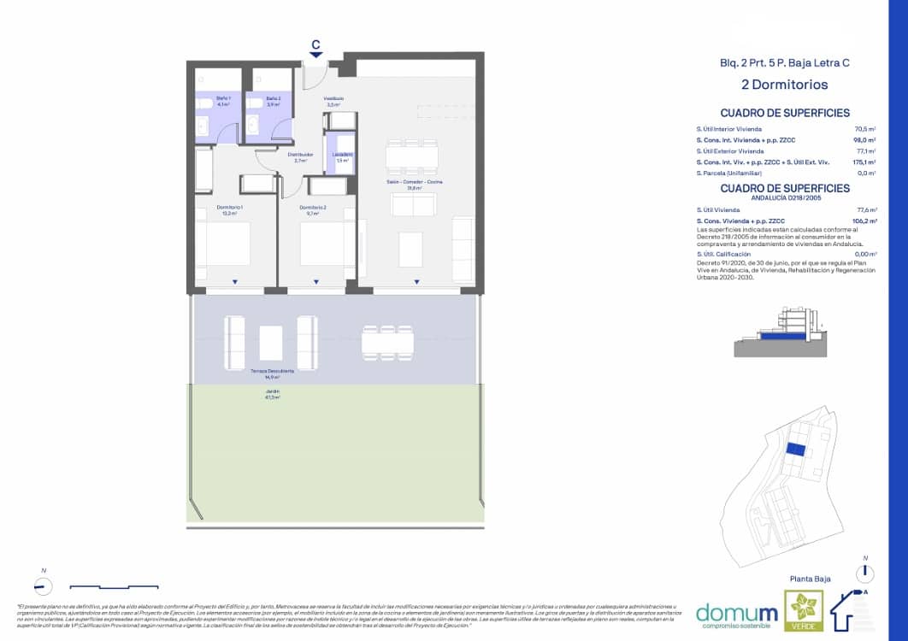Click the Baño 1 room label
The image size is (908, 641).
pos(222,102)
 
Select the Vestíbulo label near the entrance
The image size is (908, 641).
pos(334,102)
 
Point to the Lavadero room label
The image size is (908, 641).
pos(343,157)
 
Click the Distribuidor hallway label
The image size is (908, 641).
pos(300,157)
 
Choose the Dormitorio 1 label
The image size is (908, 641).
pos(230,210)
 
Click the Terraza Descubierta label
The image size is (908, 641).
pos(273,373)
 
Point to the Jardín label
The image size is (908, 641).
pos(273,394)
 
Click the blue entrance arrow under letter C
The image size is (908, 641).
pos(316,55)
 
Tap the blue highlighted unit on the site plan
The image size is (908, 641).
pos(795,450)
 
